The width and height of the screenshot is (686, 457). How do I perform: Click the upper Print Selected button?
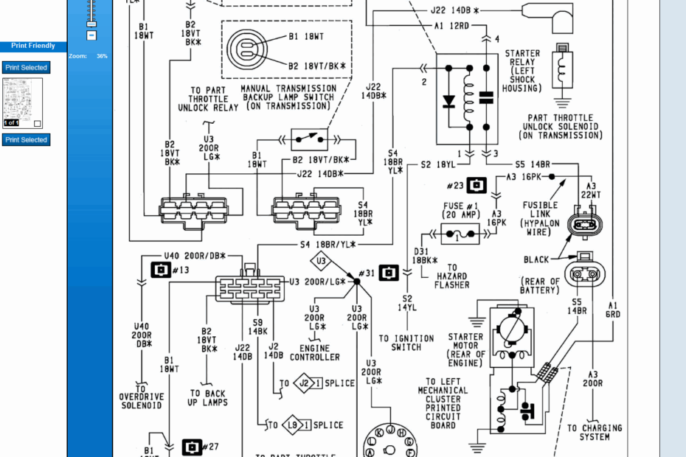26,68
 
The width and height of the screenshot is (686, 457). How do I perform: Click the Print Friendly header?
33,46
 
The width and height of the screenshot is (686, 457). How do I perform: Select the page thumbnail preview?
23,103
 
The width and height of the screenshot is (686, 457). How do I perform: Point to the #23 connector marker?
477,184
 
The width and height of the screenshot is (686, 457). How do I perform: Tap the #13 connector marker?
161,271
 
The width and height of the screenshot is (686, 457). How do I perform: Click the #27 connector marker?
192,447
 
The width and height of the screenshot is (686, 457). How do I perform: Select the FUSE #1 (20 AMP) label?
460,210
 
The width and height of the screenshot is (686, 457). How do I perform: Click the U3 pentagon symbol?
321,261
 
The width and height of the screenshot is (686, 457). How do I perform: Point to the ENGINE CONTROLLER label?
315,352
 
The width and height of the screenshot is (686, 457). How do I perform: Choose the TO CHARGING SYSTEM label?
594,432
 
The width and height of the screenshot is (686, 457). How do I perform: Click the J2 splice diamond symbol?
303,383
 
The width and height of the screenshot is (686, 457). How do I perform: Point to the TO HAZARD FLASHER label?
451,276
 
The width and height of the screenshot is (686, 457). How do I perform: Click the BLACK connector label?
537,259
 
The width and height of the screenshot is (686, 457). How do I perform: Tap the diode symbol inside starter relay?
448,102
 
